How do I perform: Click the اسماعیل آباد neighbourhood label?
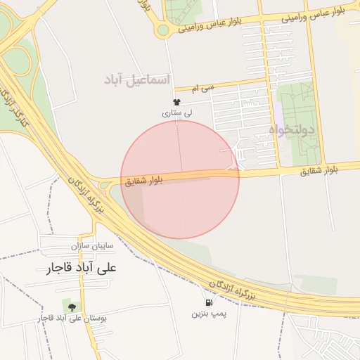coord(138,79)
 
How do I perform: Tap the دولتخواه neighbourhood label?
coord(292,130)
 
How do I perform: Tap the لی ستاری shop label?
coord(176,112)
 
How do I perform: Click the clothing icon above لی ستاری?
coord(176,103)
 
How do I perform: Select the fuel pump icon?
coord(200,302)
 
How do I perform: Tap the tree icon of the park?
coord(71,307)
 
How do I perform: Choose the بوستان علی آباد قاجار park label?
coord(73,319)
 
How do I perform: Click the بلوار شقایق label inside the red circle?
coord(144,181)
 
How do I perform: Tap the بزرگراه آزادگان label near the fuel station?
coord(231,290)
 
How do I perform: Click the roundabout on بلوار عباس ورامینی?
coord(164,30)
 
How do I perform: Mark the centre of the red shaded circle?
coord(180,180)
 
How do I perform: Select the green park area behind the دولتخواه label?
coord(302,105)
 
